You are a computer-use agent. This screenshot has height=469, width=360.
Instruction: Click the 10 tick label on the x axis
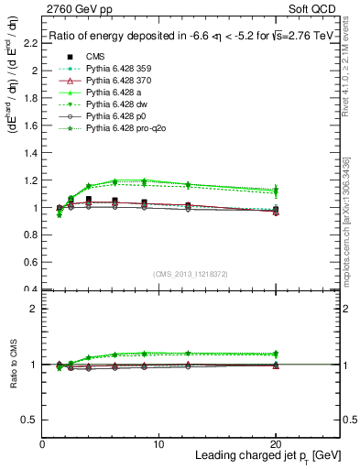point(159,443)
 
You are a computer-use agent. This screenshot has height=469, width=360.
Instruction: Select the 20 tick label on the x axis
point(276,443)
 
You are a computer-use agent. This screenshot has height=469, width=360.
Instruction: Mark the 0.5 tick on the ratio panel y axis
point(32,420)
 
